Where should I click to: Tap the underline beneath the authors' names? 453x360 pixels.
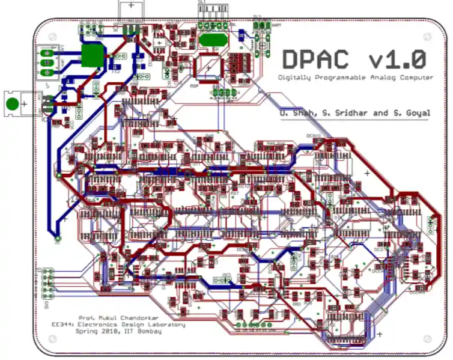[x=354, y=119]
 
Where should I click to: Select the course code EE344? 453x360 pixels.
[x=63, y=325]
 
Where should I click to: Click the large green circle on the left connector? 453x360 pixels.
[x=12, y=103]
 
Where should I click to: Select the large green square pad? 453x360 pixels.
[x=92, y=55]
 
